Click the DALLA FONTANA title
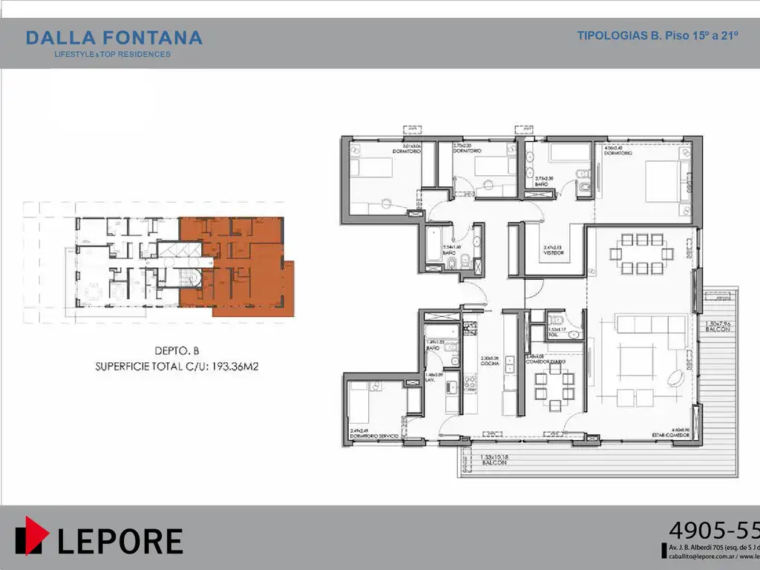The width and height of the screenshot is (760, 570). tap(114, 38)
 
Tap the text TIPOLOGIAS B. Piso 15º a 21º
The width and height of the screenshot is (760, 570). tap(657, 36)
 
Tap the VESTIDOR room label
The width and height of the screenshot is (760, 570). tap(554, 253)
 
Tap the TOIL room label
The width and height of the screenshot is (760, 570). tap(554, 335)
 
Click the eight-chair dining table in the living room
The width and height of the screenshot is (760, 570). tap(637, 254)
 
